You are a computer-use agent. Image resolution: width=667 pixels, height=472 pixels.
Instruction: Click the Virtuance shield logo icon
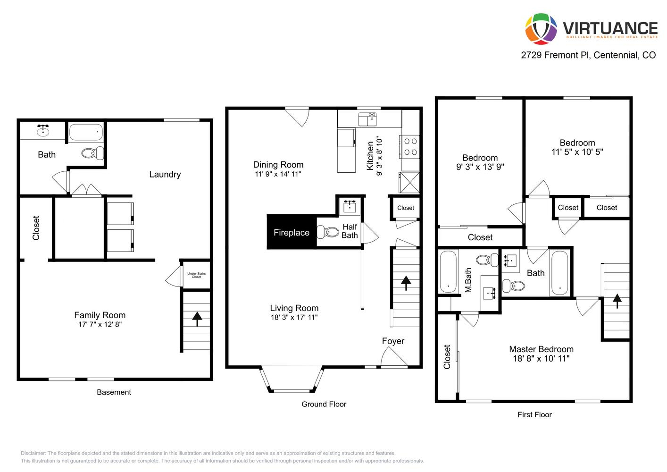pyautogui.click(x=541, y=29)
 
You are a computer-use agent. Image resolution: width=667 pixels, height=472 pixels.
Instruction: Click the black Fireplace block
pyautogui.click(x=292, y=232)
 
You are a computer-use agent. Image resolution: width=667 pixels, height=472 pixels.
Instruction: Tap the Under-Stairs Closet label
pyautogui.click(x=196, y=275)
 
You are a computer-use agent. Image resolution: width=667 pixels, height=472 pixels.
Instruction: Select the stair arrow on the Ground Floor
pyautogui.click(x=405, y=283)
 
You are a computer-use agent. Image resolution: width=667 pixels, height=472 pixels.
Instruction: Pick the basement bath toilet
pyautogui.click(x=92, y=152)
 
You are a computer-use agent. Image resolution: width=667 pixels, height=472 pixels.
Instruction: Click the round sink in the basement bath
pyautogui.click(x=43, y=130)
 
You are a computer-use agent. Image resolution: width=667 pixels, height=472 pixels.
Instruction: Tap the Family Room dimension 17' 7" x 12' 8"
pyautogui.click(x=100, y=324)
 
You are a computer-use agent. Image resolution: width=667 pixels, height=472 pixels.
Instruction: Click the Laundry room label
pyautogui.click(x=165, y=175)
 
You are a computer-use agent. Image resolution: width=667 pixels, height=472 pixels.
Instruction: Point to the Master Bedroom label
pyautogui.click(x=541, y=349)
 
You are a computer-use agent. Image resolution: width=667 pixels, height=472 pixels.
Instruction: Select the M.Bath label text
pyautogui.click(x=468, y=280)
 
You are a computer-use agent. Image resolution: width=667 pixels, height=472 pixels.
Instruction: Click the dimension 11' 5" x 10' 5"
pyautogui.click(x=577, y=152)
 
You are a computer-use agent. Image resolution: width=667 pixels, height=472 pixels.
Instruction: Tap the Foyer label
pyautogui.click(x=393, y=341)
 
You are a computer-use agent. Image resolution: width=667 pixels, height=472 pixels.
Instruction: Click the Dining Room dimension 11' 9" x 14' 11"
pyautogui.click(x=278, y=174)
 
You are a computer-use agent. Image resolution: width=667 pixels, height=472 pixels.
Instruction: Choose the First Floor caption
pyautogui.click(x=534, y=414)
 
